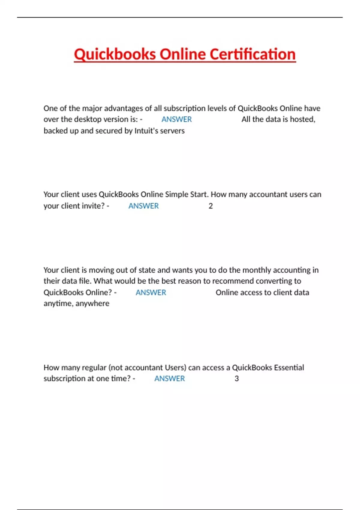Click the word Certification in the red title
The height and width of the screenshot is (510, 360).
252,54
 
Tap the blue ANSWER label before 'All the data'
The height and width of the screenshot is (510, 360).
176,119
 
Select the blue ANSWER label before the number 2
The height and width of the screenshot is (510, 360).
143,206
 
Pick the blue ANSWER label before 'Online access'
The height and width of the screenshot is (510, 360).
151,292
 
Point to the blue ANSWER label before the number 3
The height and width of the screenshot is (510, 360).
169,379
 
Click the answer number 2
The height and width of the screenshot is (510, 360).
211,206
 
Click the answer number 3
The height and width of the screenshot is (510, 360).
237,379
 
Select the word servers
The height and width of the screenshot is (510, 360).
173,131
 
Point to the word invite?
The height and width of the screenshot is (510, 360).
94,206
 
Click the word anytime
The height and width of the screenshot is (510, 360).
58,304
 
